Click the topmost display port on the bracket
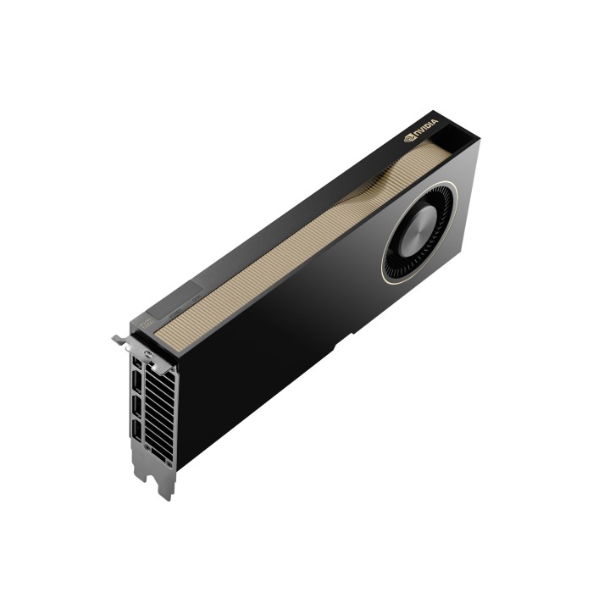[x=136, y=364]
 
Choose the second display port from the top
[x=136, y=390]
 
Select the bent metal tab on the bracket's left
[x=120, y=340]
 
